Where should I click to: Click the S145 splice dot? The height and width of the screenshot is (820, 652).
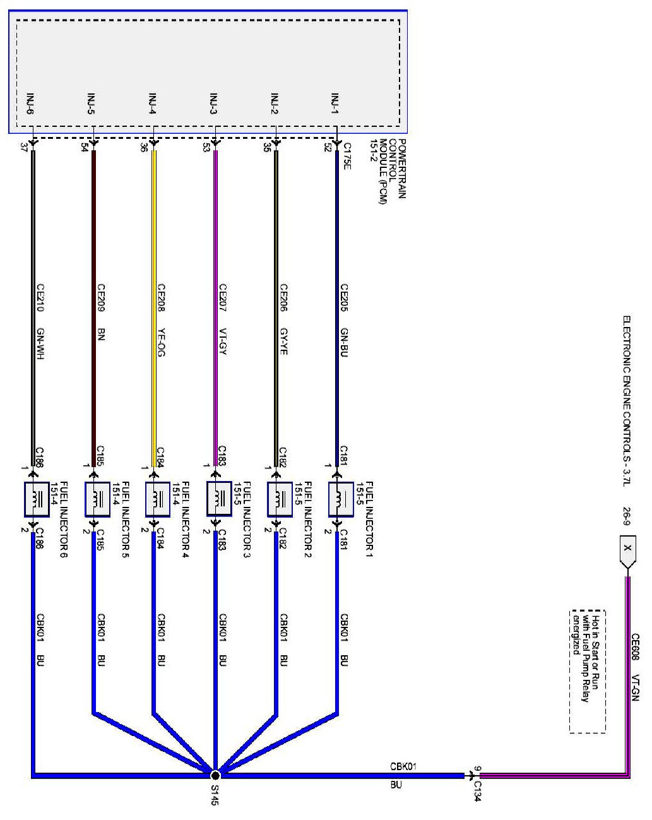215,775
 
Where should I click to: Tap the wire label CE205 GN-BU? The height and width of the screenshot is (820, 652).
345,322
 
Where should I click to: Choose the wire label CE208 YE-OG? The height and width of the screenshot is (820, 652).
161,322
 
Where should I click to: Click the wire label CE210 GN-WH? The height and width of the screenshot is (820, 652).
40,322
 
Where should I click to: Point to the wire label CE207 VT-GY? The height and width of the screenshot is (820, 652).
222,322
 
